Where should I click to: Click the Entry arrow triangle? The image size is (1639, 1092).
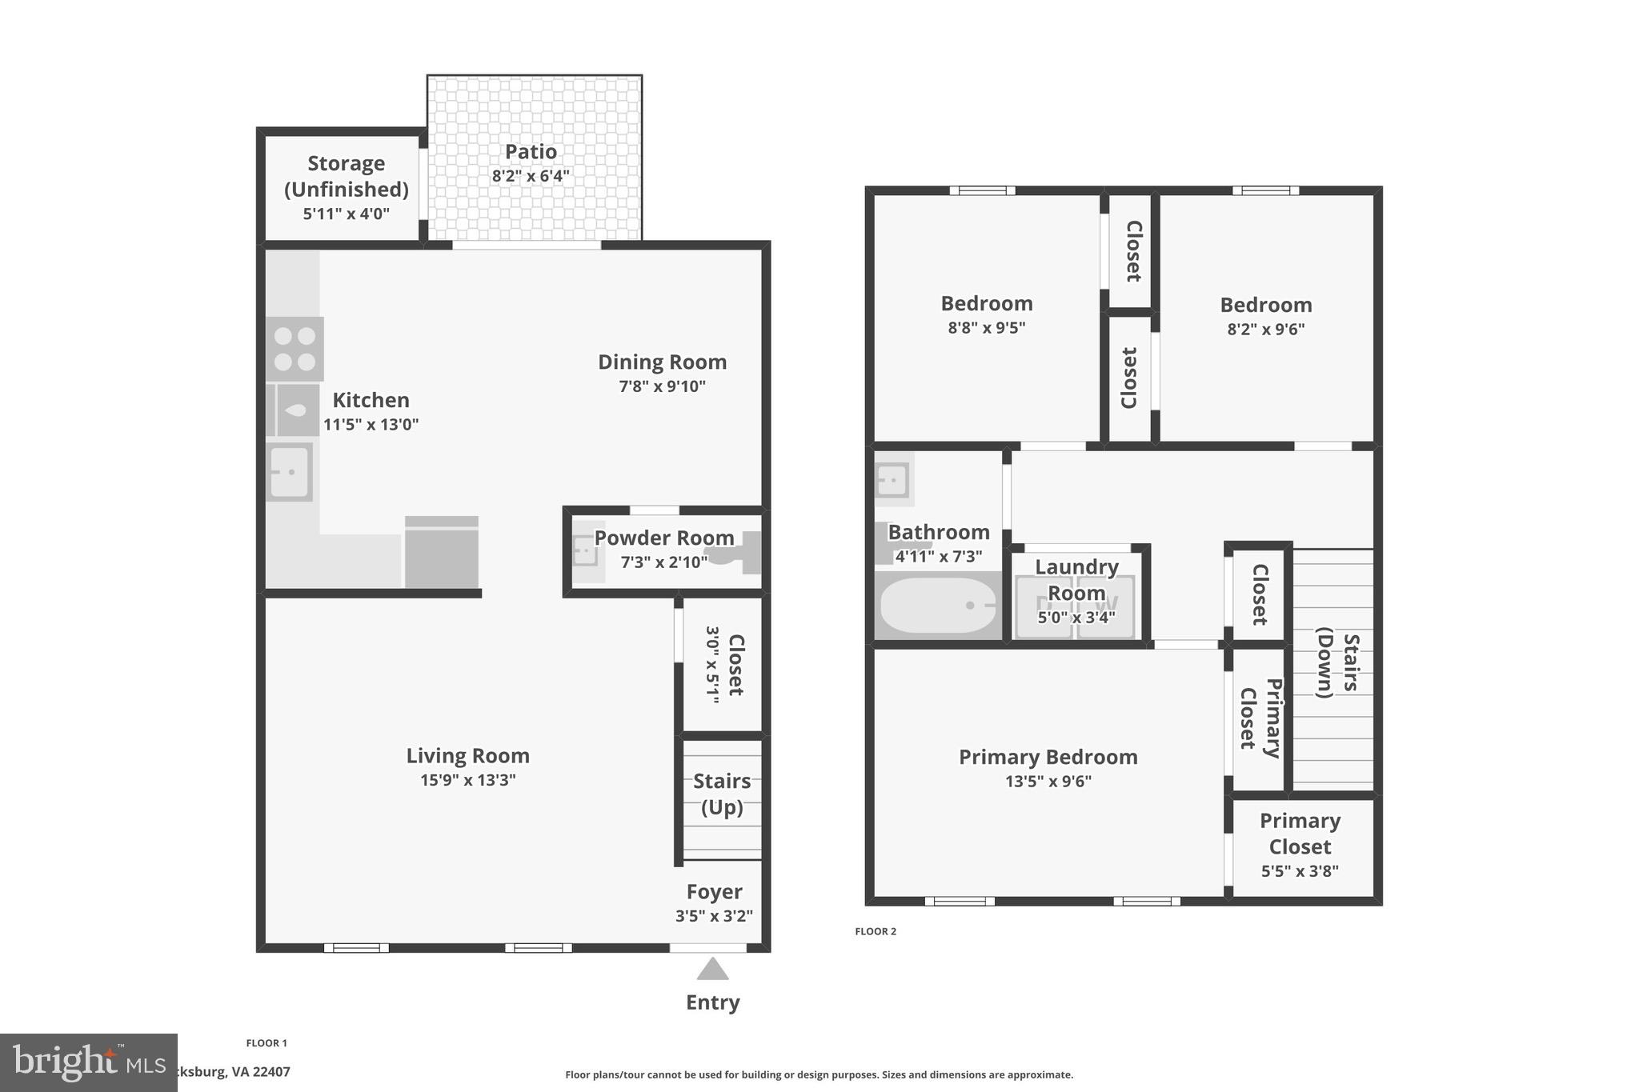point(712,970)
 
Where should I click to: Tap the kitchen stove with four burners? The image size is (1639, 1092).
point(295,350)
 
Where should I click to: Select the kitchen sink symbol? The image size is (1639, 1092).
point(289,472)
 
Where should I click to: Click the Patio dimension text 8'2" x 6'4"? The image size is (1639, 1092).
point(531,176)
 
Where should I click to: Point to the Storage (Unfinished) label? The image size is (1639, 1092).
point(346,176)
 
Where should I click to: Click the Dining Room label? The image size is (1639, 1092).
point(662,362)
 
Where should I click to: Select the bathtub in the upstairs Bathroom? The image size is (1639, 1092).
point(938,606)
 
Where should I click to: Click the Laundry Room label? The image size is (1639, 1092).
point(1076,580)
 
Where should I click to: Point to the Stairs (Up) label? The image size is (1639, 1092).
point(722,794)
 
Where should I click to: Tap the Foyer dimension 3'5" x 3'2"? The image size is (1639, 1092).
point(714,916)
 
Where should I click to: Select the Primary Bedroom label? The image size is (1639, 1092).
point(1048,757)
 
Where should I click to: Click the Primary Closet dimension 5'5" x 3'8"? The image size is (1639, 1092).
point(1300,871)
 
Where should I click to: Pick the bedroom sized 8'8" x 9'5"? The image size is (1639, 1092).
point(986,304)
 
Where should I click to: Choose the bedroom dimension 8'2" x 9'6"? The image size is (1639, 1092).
point(1265,329)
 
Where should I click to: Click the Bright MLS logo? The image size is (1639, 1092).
point(88,1062)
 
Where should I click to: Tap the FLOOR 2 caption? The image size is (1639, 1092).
point(876,931)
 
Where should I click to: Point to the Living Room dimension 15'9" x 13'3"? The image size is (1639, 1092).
point(467,780)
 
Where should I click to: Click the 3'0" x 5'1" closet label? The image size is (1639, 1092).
point(724,665)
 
